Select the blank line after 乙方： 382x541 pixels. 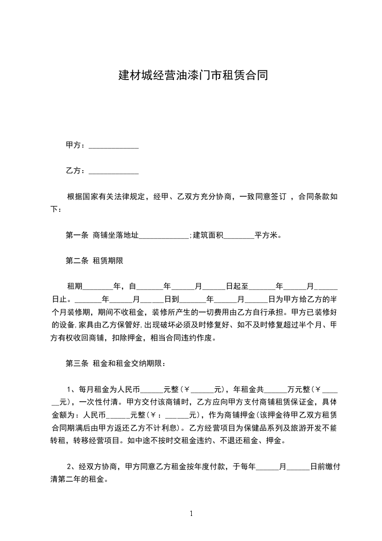(x=114, y=172)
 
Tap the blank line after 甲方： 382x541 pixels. (x=114, y=146)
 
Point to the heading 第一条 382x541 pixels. (x=77, y=236)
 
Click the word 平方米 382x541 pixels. (x=268, y=236)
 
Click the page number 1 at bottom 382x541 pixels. (x=191, y=514)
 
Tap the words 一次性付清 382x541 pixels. (x=99, y=402)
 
